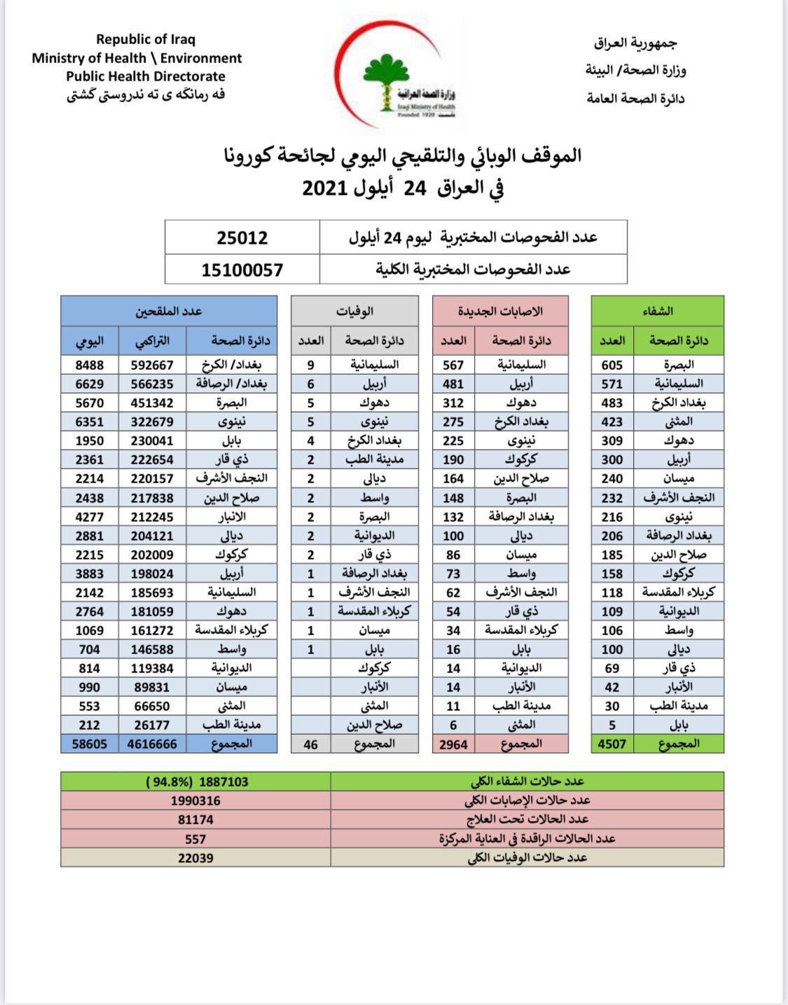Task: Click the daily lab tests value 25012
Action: [x=242, y=237]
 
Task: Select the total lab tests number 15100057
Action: [x=242, y=270]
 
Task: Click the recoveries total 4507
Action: [x=611, y=744]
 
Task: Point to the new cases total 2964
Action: [x=453, y=744]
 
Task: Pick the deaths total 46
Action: [x=310, y=744]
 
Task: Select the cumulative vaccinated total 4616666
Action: [x=152, y=744]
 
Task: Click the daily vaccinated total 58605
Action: [x=90, y=744]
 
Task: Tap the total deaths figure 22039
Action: [x=195, y=858]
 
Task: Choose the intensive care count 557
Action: [x=195, y=839]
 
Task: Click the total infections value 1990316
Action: [x=195, y=800]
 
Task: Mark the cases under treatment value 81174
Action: [x=195, y=819]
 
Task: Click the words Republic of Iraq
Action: [x=146, y=39]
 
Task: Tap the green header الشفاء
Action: [x=657, y=311]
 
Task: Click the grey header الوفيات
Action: [x=354, y=311]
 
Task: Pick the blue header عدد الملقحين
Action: [x=169, y=311]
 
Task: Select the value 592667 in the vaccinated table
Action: [x=152, y=365]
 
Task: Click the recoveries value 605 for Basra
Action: [x=611, y=365]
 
